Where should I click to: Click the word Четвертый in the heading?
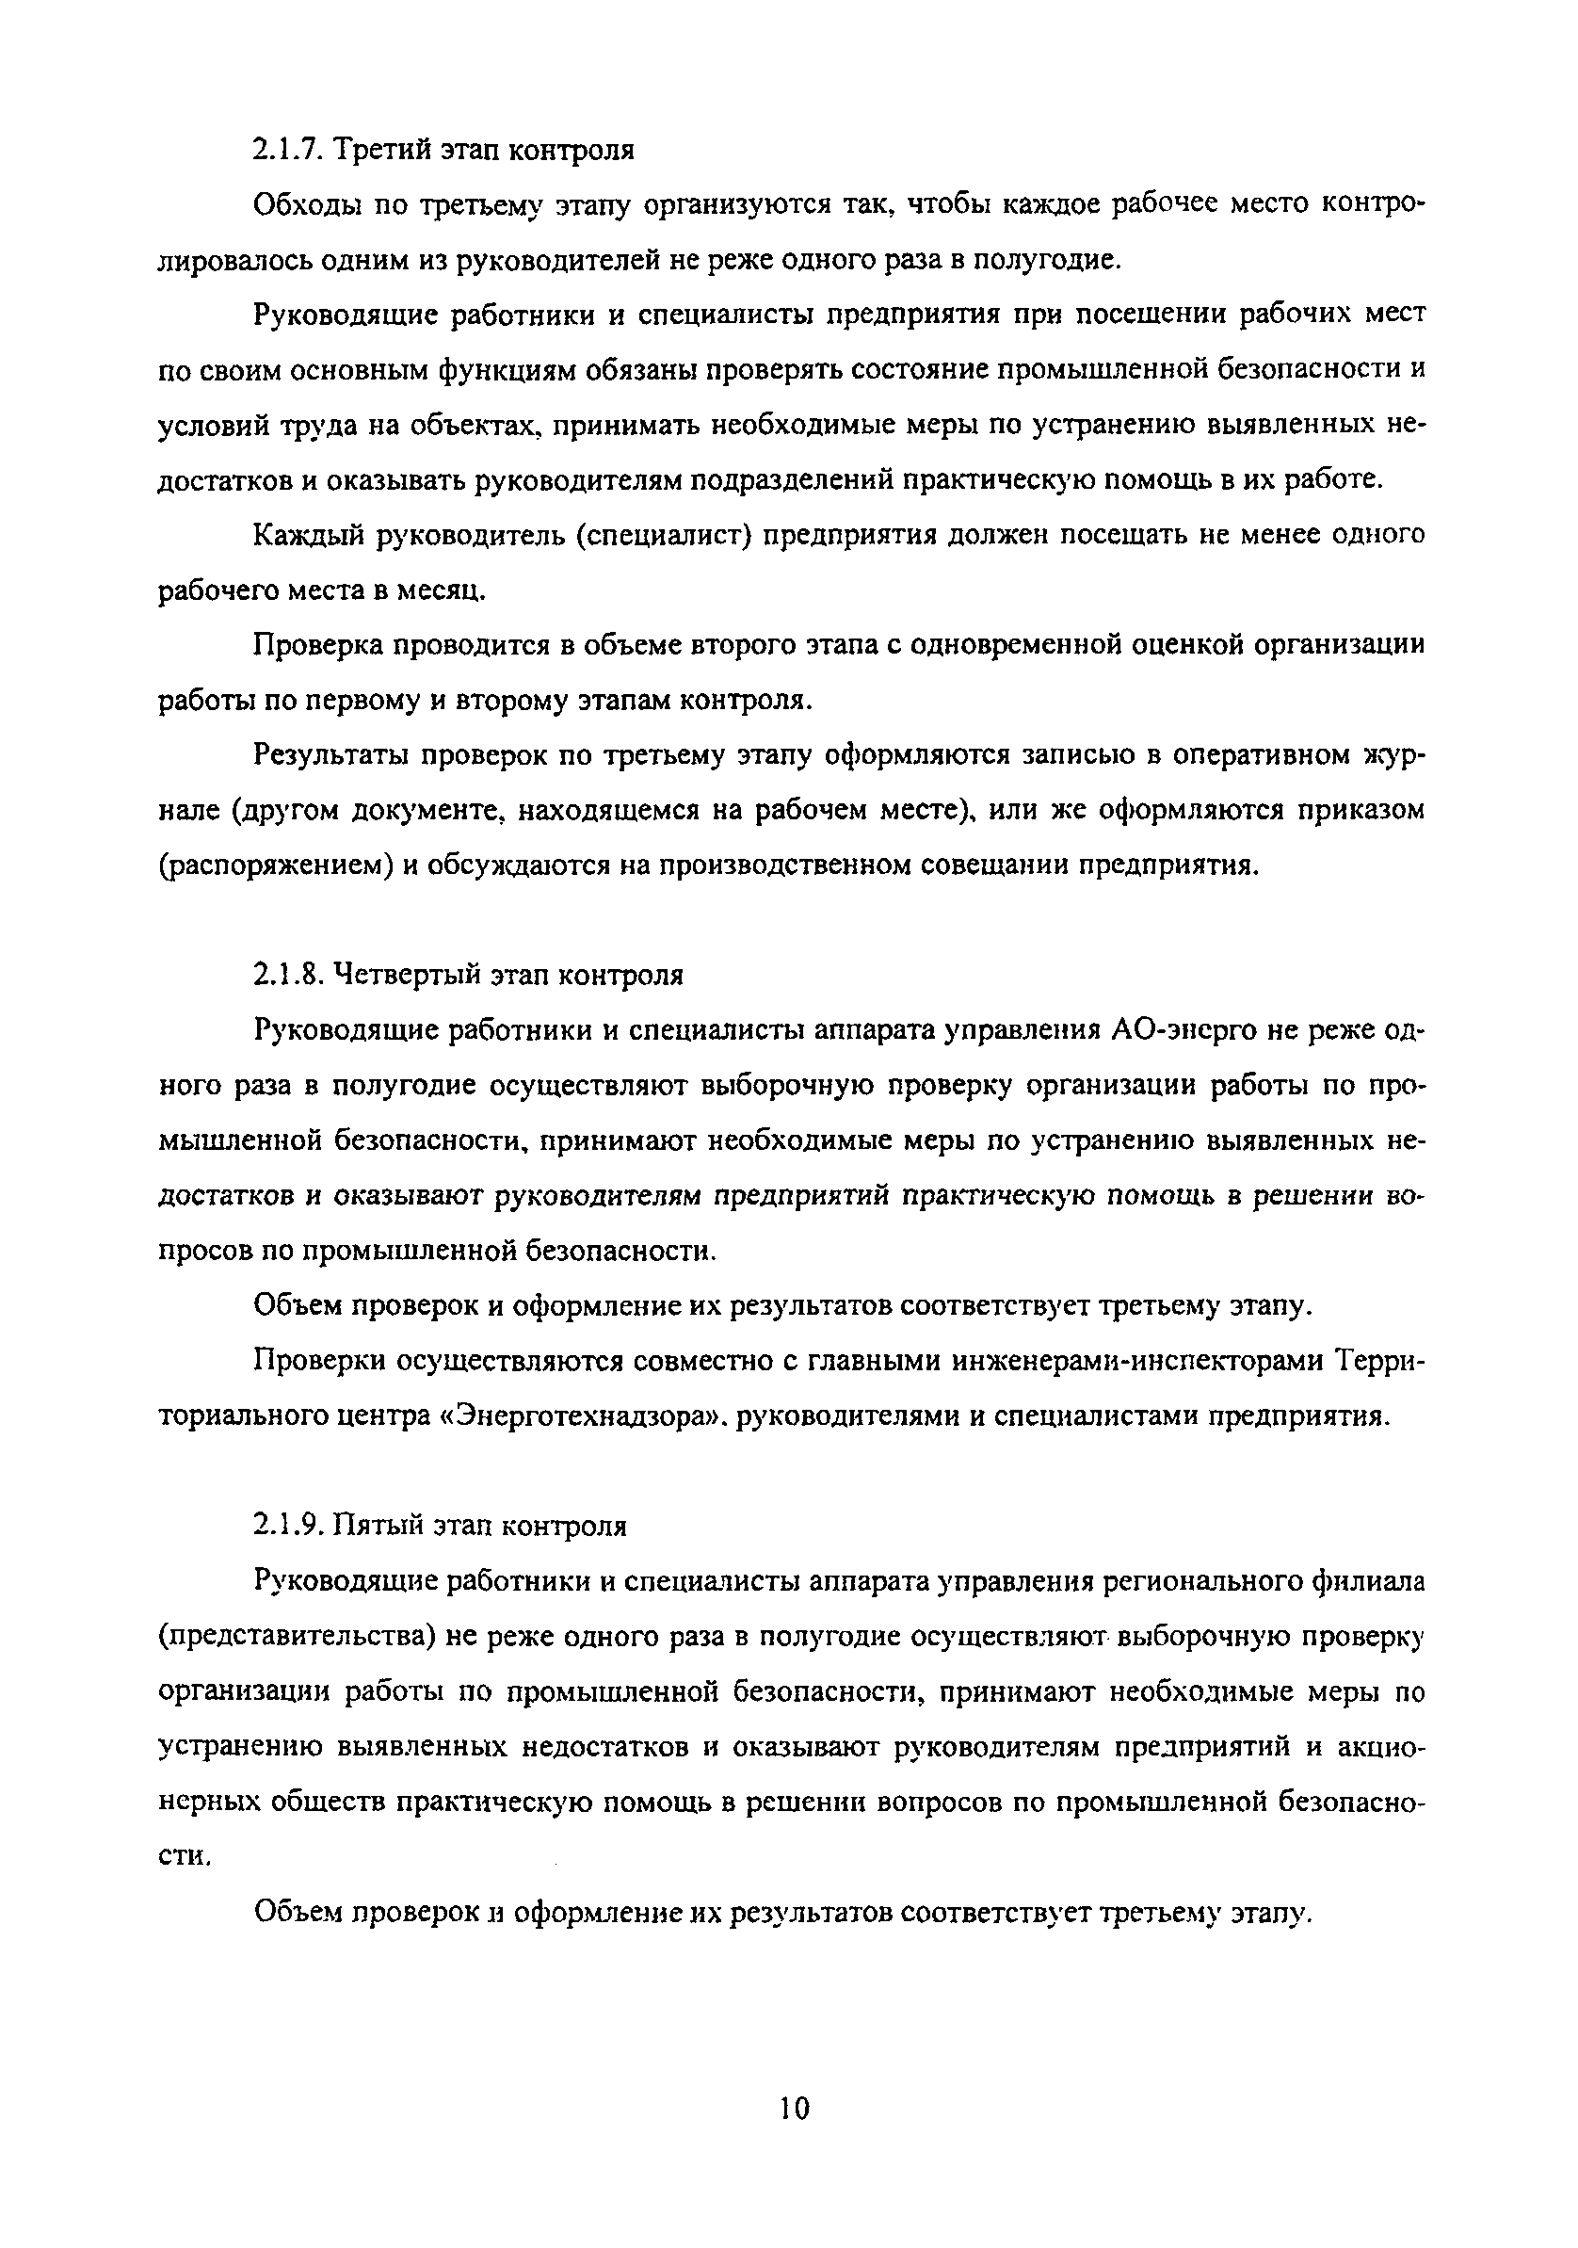pyautogui.click(x=418, y=975)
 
